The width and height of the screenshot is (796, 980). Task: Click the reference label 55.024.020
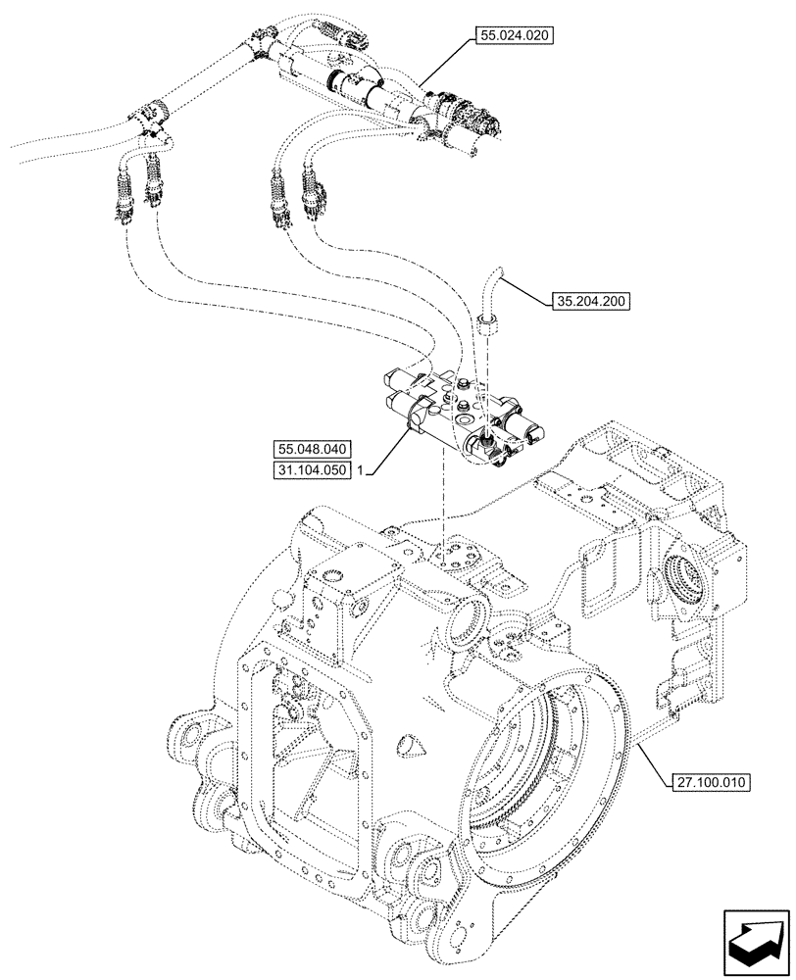tap(515, 36)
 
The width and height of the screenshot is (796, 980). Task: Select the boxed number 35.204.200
tap(591, 302)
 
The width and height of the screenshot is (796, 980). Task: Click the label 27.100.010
tap(711, 781)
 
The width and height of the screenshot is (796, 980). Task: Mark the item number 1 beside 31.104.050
tap(362, 471)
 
